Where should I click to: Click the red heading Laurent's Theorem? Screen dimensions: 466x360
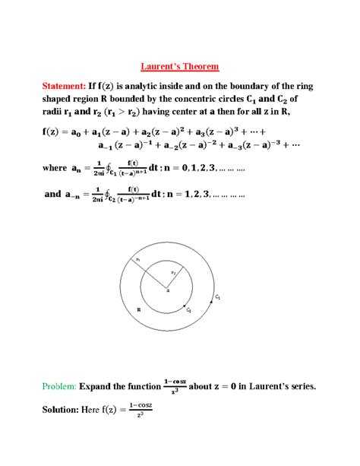click(x=179, y=66)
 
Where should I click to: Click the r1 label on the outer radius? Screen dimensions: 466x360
click(x=138, y=261)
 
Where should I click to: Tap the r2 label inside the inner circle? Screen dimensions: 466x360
click(x=172, y=271)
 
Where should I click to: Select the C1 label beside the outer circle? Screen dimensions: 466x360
click(x=218, y=298)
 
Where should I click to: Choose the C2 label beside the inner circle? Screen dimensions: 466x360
click(x=188, y=310)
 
